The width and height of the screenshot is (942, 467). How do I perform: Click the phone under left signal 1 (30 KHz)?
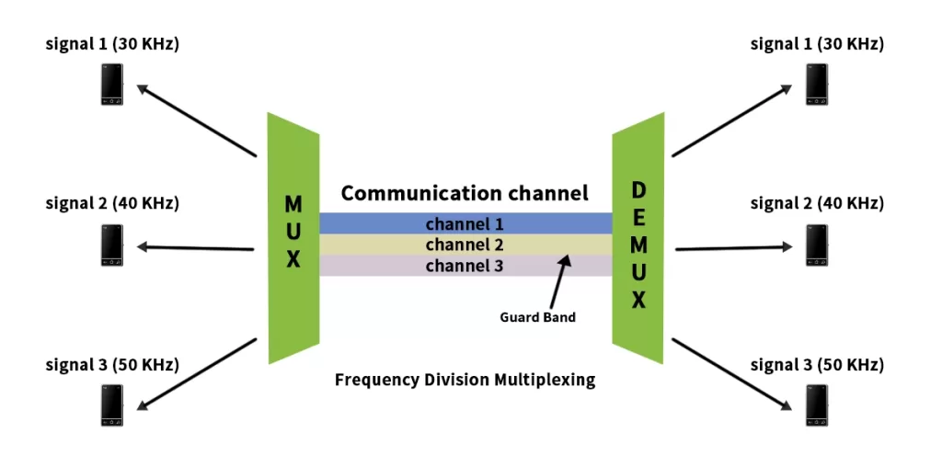(112, 85)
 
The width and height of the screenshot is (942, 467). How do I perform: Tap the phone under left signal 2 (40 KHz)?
(112, 245)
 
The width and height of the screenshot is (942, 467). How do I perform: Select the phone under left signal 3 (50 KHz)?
(112, 405)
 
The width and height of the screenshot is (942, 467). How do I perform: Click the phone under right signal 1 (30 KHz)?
(816, 85)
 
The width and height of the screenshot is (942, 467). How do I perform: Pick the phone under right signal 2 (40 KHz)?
(816, 245)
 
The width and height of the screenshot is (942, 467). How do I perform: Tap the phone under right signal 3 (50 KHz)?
(816, 405)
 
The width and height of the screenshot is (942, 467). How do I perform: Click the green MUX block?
(293, 238)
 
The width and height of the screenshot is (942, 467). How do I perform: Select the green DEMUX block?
(638, 238)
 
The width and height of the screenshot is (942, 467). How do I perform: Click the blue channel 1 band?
(465, 223)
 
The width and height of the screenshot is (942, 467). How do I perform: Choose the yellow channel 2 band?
(465, 245)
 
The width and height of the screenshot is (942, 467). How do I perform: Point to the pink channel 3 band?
(465, 266)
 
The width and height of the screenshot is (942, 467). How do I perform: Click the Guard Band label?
(537, 317)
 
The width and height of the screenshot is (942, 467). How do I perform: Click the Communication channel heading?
(465, 194)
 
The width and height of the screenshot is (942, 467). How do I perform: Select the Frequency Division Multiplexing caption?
(465, 380)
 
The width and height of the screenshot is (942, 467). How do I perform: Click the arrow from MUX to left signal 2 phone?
(195, 246)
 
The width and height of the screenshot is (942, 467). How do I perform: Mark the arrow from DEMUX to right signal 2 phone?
(733, 247)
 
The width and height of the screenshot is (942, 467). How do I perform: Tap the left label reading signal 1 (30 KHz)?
(112, 44)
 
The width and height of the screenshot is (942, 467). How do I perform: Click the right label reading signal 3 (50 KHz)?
(817, 365)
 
